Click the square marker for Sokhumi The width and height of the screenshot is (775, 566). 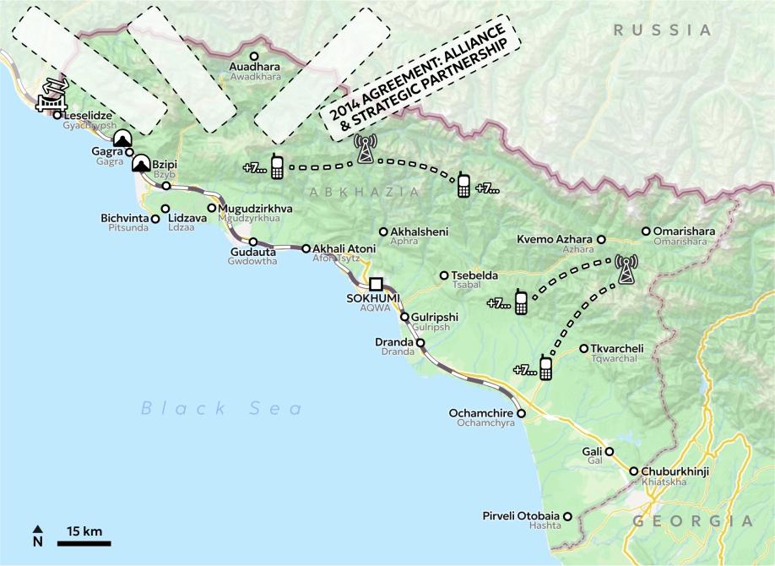(376, 284)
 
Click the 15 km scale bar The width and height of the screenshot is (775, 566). (84, 542)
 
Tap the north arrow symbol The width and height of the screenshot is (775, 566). (37, 536)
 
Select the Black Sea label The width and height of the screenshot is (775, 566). (221, 409)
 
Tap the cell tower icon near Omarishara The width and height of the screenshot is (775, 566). (626, 269)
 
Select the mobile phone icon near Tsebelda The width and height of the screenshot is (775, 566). (521, 302)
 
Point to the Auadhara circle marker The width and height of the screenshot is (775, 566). (253, 56)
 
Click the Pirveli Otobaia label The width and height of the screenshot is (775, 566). (520, 515)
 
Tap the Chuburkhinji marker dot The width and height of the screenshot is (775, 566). (633, 471)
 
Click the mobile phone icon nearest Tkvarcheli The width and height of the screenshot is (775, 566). (545, 368)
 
